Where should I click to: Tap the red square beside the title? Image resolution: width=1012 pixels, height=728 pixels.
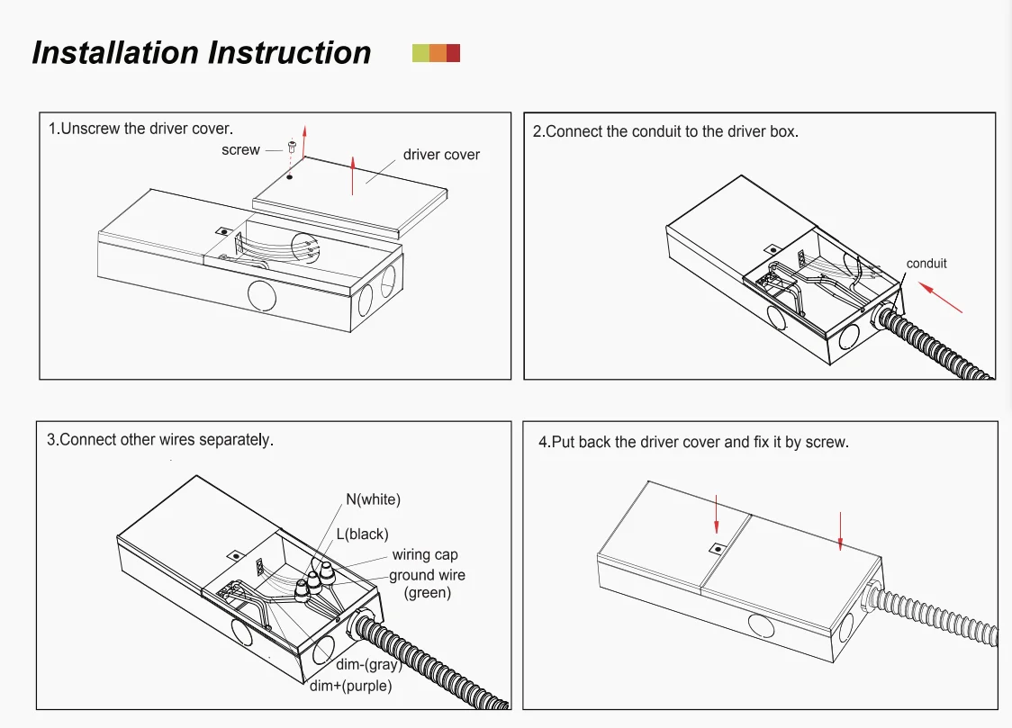tap(453, 53)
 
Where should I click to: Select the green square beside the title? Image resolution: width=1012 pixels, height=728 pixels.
tap(420, 53)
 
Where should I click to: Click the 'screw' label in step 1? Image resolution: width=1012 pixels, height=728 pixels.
tap(240, 149)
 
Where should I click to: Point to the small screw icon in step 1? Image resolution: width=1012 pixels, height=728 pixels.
tap(292, 147)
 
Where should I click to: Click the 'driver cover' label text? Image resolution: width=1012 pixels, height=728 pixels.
tap(441, 155)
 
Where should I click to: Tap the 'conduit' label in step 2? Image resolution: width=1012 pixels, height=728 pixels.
tap(926, 263)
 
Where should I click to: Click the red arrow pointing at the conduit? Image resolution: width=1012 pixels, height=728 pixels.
tap(940, 297)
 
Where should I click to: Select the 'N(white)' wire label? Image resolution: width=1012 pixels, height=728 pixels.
tap(373, 499)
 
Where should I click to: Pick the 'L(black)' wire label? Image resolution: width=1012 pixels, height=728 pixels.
tap(362, 534)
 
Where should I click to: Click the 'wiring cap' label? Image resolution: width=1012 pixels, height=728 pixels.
tap(425, 554)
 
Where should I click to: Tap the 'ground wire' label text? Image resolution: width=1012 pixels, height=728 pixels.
tap(427, 575)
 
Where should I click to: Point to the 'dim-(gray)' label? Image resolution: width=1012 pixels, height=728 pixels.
tap(368, 664)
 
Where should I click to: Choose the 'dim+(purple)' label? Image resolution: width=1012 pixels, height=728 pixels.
tap(350, 686)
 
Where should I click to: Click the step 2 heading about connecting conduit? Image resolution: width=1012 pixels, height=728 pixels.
tap(665, 131)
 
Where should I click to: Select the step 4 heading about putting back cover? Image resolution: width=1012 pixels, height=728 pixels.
tap(693, 442)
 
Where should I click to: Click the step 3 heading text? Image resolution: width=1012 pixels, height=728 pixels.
tap(160, 440)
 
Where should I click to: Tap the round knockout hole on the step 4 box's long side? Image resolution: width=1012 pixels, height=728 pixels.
tap(761, 625)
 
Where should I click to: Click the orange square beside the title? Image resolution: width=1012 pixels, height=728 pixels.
tap(437, 53)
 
